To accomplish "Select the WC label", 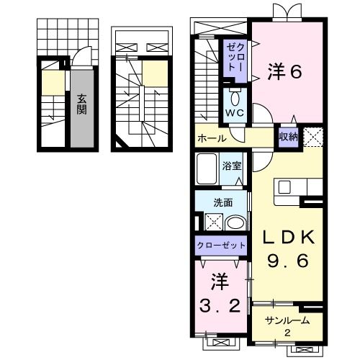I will [x=235, y=114].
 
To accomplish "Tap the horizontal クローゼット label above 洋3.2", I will [x=221, y=246].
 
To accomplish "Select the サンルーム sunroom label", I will [x=287, y=320].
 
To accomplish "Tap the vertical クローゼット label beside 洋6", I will [x=235, y=57].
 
